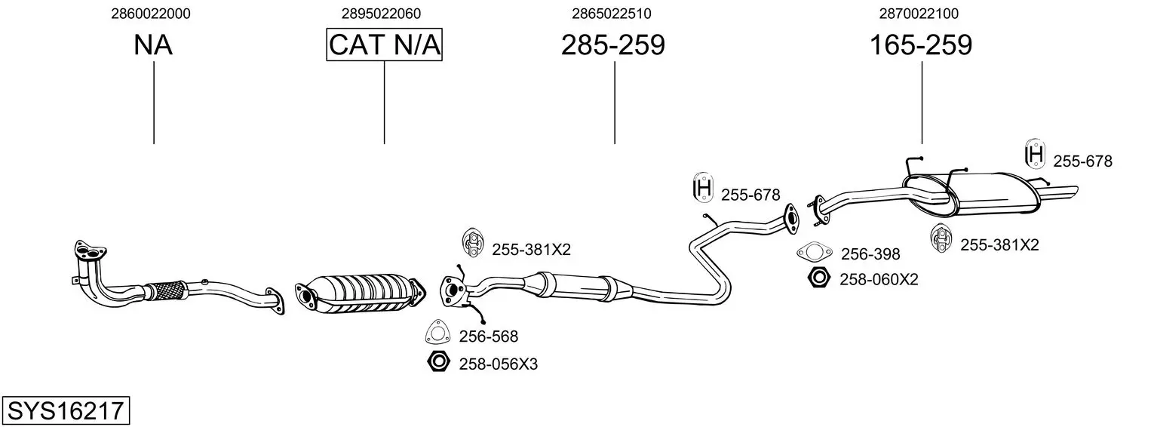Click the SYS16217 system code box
pyautogui.click(x=66, y=410)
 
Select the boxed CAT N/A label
pyautogui.click(x=385, y=45)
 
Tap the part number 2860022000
pyautogui.click(x=151, y=14)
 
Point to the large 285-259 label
pyautogui.click(x=613, y=45)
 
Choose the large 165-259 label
pyautogui.click(x=921, y=45)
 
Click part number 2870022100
pyautogui.click(x=919, y=14)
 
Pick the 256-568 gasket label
pyautogui.click(x=489, y=336)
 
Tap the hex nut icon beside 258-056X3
pyautogui.click(x=438, y=362)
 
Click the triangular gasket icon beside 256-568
pyautogui.click(x=437, y=332)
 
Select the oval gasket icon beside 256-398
pyautogui.click(x=814, y=252)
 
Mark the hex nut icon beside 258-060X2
pyautogui.click(x=818, y=278)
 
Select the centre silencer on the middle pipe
pyautogui.click(x=577, y=285)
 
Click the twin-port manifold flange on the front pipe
pyautogui.click(x=89, y=250)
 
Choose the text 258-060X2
pyautogui.click(x=879, y=280)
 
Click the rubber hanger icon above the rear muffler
pyautogui.click(x=1035, y=153)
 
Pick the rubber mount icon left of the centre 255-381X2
pyautogui.click(x=471, y=241)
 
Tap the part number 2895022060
pyautogui.click(x=381, y=14)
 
